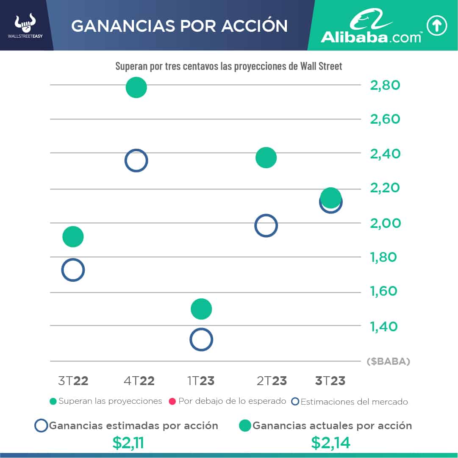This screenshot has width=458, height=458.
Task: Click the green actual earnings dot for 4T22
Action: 136,88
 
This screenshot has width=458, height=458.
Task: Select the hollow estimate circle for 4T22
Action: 136,161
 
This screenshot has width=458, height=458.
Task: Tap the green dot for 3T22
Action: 73,236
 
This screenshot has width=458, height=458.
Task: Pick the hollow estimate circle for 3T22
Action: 73,270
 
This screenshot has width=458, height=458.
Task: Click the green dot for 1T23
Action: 201,309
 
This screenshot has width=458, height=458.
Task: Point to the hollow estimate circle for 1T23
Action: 201,339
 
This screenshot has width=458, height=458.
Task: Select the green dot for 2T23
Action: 266,158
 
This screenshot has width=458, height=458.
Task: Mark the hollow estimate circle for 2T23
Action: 266,225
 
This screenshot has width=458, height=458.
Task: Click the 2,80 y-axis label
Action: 385,85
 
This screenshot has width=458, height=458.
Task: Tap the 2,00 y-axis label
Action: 385,223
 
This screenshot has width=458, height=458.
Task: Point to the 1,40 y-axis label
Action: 384,326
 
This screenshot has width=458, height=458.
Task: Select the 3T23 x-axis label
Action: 330,381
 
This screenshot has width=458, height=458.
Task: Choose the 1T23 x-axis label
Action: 201,381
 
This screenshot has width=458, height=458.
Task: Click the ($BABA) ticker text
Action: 388,362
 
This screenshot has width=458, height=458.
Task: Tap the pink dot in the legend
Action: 172,401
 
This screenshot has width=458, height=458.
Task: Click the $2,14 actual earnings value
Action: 331,443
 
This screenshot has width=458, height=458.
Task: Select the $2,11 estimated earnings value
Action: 128,443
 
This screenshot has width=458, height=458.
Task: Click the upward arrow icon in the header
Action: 436,25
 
